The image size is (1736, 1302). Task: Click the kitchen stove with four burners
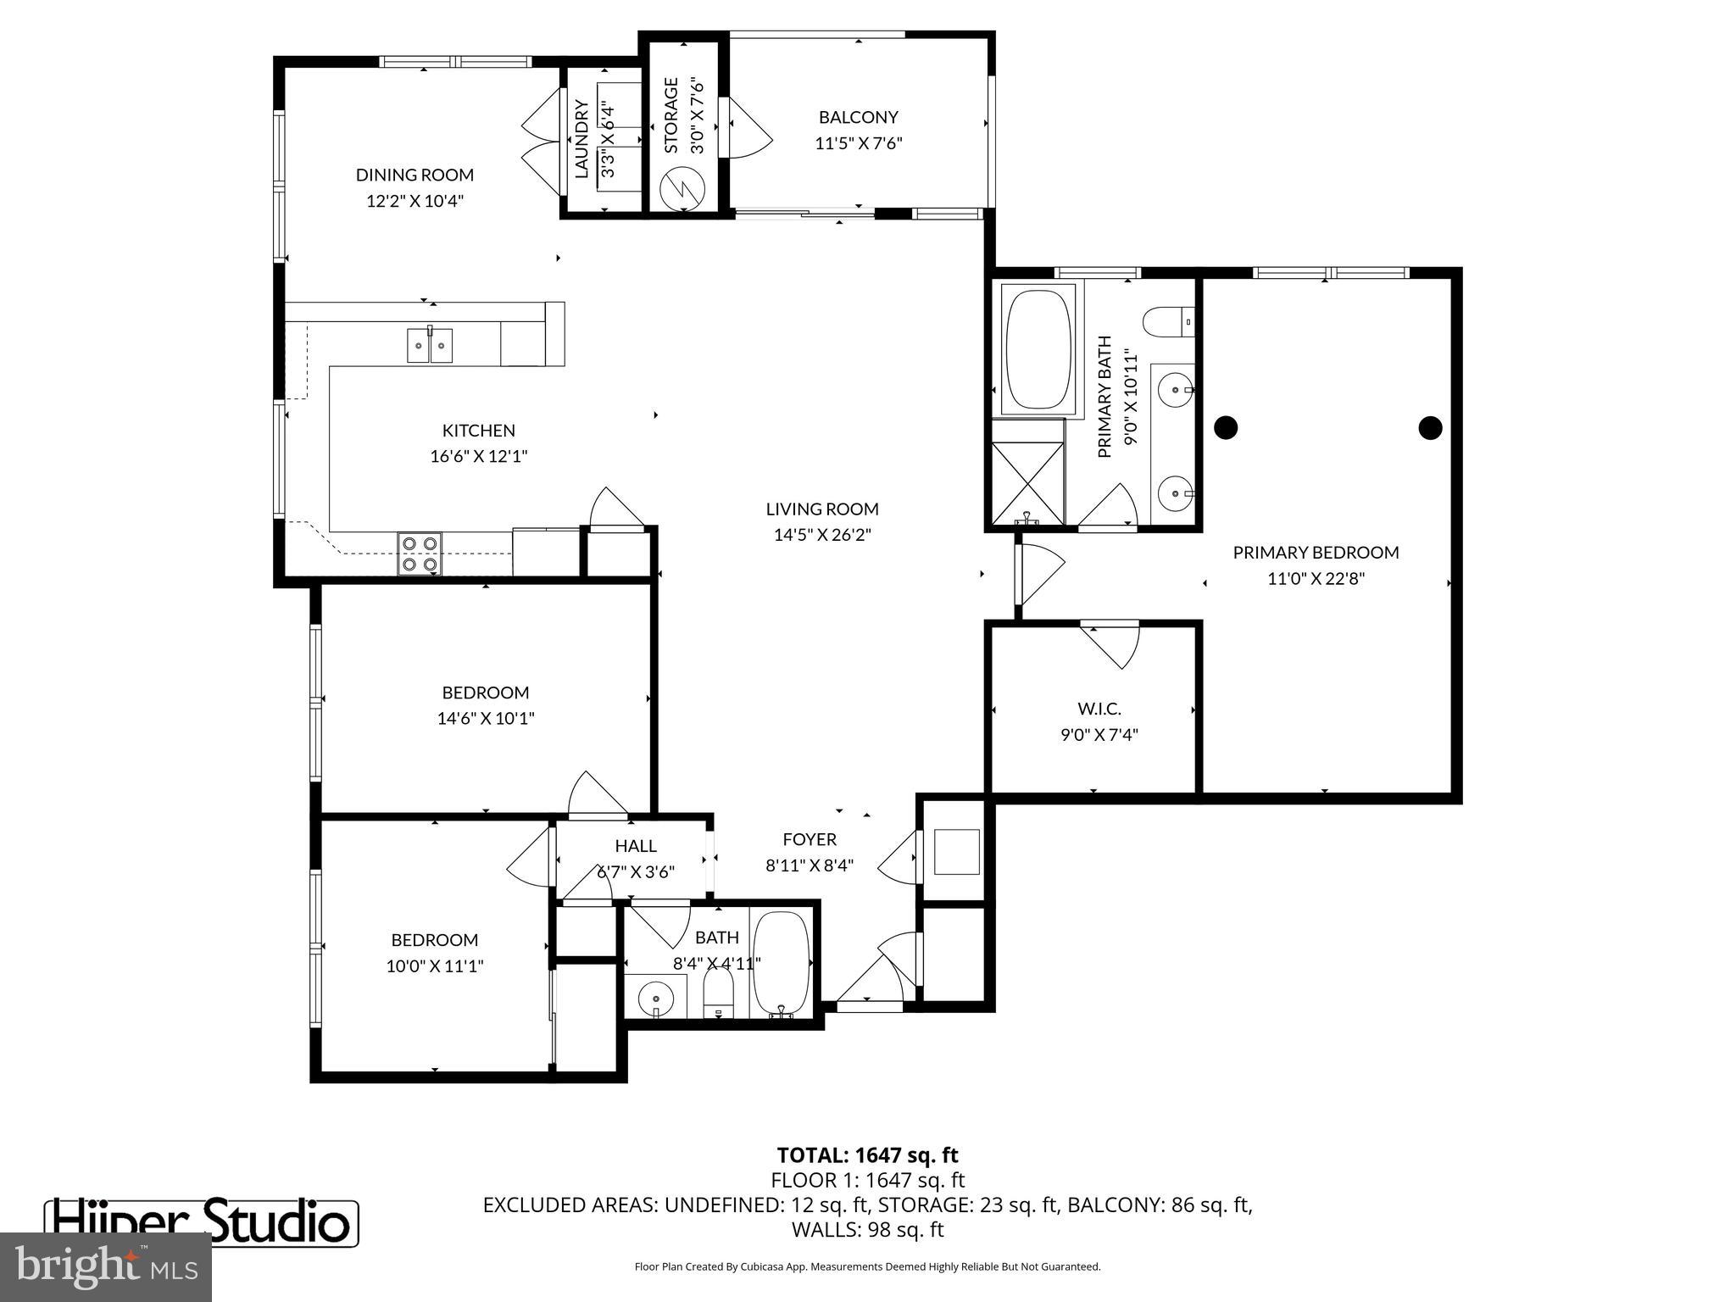point(420,553)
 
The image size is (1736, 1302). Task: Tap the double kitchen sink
point(430,345)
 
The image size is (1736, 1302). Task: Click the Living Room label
point(822,509)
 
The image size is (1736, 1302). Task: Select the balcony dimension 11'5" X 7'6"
point(858,143)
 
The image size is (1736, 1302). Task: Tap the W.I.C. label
point(1099,708)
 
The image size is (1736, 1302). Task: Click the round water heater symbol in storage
point(683,186)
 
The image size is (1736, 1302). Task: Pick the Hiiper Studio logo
point(202,1222)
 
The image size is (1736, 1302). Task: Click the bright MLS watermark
point(106,1266)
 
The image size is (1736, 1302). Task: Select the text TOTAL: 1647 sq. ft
point(867,1155)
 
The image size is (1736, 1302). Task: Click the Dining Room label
point(415,175)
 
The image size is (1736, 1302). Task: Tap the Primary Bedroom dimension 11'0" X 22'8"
point(1316,579)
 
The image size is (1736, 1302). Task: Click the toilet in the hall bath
point(718,992)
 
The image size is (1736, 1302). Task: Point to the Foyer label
point(809,839)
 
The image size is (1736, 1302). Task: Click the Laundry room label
point(581,139)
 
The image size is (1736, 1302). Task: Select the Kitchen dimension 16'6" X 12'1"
point(478,456)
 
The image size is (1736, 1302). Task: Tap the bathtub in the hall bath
point(781,963)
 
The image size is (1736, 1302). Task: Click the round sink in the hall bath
point(655,997)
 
